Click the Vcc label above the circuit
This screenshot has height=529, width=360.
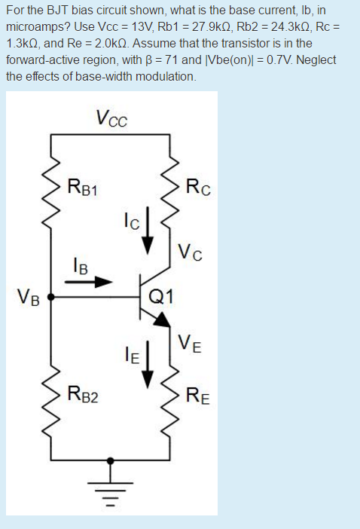coord(112,118)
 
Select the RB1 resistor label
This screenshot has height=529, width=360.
coord(83,186)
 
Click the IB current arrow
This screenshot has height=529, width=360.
coord(89,283)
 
